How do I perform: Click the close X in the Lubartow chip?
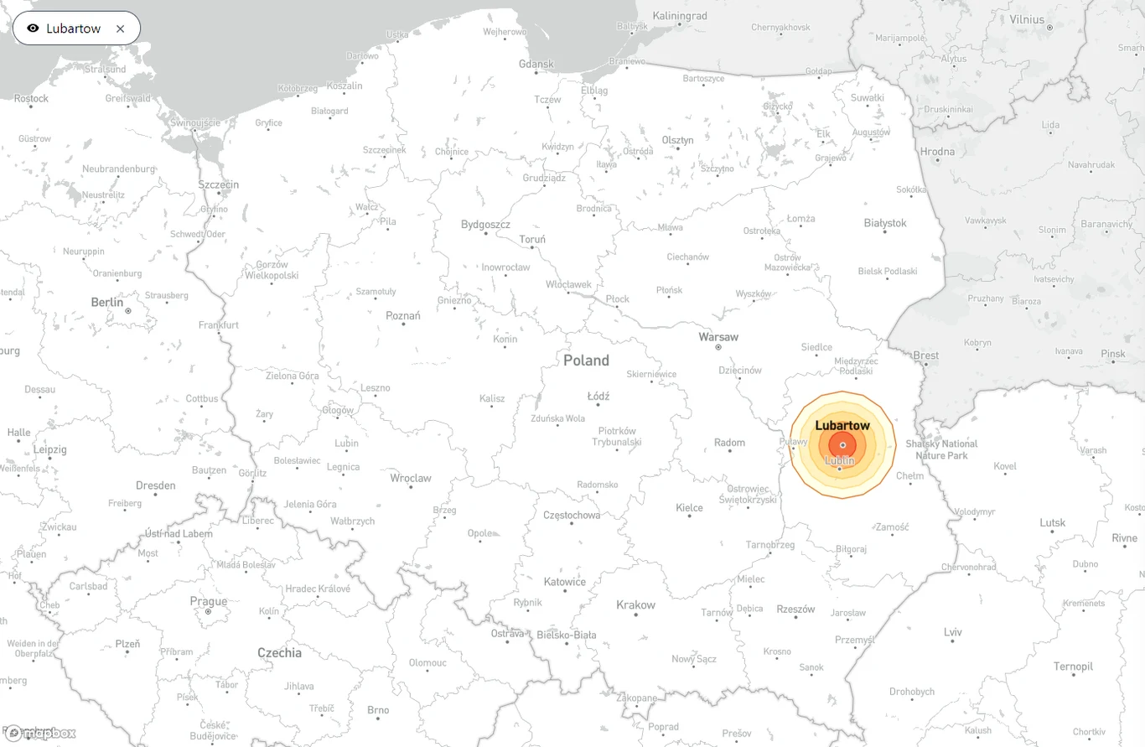click(120, 29)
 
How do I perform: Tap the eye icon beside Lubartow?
click(33, 29)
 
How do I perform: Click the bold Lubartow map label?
click(842, 426)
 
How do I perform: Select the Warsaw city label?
click(718, 337)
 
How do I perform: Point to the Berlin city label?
click(106, 302)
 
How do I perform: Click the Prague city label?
click(208, 601)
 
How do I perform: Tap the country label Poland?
click(586, 361)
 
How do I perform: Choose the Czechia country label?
click(280, 652)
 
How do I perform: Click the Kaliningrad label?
click(680, 16)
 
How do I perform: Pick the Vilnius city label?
click(1027, 19)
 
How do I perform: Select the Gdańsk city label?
click(536, 64)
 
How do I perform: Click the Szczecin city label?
click(218, 184)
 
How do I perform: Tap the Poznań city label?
click(403, 316)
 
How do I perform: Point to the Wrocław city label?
click(411, 478)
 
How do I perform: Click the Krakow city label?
click(635, 604)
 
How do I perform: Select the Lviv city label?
click(952, 632)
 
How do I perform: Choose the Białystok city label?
click(885, 223)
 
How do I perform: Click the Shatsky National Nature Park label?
click(941, 449)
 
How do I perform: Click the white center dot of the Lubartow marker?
click(842, 445)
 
